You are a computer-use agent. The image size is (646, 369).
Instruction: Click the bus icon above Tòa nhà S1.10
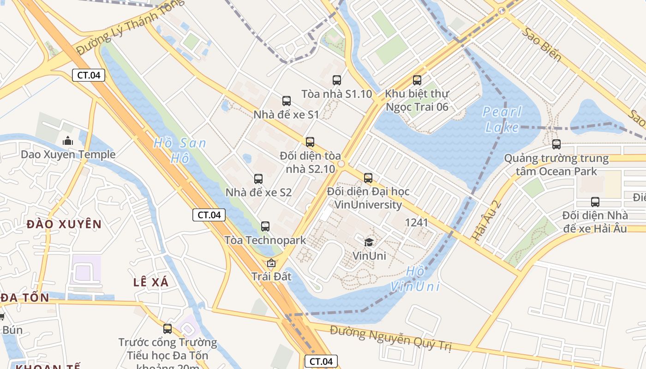click(x=337, y=80)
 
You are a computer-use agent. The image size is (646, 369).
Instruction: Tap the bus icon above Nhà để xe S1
click(x=287, y=101)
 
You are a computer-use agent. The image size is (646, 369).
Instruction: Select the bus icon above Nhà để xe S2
click(x=258, y=179)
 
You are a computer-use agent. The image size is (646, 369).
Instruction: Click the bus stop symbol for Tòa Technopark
click(x=265, y=226)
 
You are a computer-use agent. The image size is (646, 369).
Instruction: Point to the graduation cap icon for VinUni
click(x=369, y=242)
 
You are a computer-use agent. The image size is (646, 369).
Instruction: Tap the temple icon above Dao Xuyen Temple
click(x=68, y=141)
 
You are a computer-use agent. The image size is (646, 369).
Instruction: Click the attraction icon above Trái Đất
click(x=271, y=263)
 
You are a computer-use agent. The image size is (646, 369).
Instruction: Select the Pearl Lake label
click(x=502, y=119)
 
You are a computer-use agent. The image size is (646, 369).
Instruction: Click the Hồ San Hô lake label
click(x=180, y=151)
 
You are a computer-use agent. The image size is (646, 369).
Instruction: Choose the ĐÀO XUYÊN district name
click(x=64, y=225)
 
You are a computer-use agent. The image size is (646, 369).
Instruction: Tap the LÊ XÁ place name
click(x=151, y=283)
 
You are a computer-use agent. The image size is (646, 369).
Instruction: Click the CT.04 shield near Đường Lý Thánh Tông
click(x=89, y=75)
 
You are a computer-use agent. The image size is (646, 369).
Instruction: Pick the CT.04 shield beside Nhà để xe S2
click(x=209, y=214)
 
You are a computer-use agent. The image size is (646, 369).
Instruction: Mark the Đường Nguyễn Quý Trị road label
click(x=390, y=338)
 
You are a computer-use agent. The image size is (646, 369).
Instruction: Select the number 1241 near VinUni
click(x=416, y=223)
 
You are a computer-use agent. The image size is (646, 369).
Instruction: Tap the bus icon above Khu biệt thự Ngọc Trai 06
click(x=417, y=80)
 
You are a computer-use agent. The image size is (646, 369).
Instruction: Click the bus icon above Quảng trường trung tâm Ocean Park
click(x=556, y=144)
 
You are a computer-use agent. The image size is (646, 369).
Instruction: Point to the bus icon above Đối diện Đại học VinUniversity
click(x=368, y=178)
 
